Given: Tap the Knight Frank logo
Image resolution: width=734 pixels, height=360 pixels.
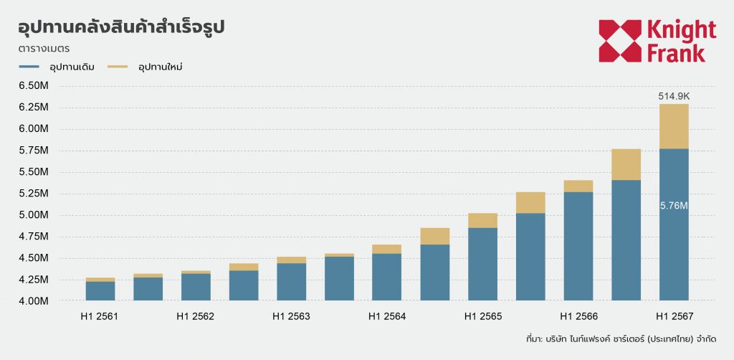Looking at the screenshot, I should click(657, 41).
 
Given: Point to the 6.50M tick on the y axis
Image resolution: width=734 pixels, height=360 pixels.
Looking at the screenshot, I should click(33, 86).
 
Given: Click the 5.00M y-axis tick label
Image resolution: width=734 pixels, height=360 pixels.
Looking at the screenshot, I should click(33, 215).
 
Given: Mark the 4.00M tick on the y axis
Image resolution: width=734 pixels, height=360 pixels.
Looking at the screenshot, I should click(33, 301).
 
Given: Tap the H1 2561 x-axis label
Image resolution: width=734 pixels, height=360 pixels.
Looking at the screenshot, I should click(100, 316).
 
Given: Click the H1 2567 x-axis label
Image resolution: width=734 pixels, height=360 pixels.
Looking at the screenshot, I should click(674, 316).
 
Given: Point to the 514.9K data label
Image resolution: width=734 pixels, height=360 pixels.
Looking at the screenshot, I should click(674, 96).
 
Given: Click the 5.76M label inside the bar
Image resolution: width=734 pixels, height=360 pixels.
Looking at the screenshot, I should click(674, 206).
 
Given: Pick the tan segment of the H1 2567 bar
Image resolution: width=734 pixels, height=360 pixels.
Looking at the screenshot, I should click(674, 126).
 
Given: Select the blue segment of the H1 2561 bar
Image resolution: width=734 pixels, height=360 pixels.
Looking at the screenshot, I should click(100, 290).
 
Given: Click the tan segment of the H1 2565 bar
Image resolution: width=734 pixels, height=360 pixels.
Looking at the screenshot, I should click(482, 220).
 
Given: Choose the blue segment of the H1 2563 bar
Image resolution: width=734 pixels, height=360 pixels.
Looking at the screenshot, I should click(291, 282).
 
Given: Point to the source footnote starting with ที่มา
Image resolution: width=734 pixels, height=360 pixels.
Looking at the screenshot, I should click(621, 338).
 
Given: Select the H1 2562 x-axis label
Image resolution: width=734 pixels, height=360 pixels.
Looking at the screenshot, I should click(196, 316).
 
